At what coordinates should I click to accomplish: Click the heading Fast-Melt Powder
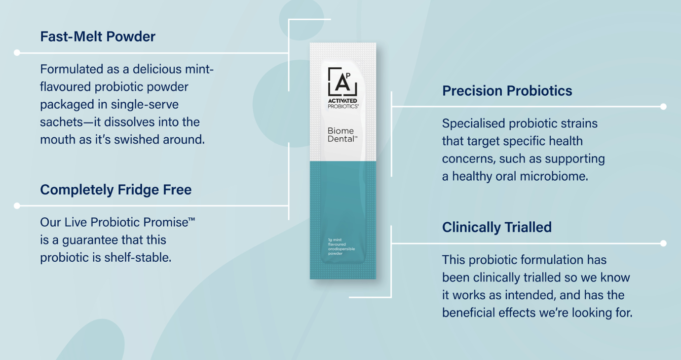98,37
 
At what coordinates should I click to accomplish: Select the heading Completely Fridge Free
115,190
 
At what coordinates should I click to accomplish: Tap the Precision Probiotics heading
507,91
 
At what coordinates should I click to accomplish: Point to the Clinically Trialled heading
496,227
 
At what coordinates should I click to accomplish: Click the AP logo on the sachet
342,82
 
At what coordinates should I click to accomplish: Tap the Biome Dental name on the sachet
341,135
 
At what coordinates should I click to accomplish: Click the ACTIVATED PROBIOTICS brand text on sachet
343,104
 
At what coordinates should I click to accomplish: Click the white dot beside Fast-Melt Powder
17,52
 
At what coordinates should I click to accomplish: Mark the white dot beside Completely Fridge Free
17,205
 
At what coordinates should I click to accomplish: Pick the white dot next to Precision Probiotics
663,107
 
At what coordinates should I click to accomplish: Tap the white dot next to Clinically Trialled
663,243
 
